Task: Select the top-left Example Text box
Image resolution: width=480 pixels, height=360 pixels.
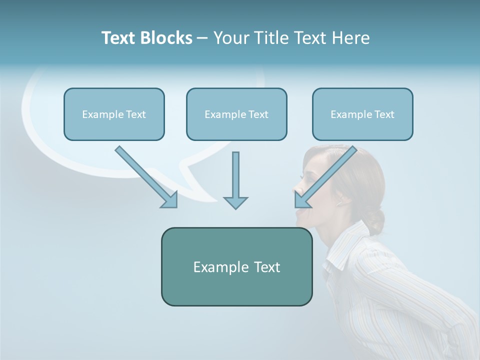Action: tap(114, 114)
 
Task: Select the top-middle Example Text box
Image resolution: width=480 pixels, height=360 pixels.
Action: tap(236, 114)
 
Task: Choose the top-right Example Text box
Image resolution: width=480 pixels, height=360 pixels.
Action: tap(362, 114)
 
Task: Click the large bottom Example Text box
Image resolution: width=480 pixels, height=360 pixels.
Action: tap(236, 266)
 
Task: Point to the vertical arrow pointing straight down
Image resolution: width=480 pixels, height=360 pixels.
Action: tap(235, 180)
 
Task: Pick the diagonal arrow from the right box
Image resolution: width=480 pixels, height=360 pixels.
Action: tap(325, 176)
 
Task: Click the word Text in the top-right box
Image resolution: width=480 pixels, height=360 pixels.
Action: tap(383, 114)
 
